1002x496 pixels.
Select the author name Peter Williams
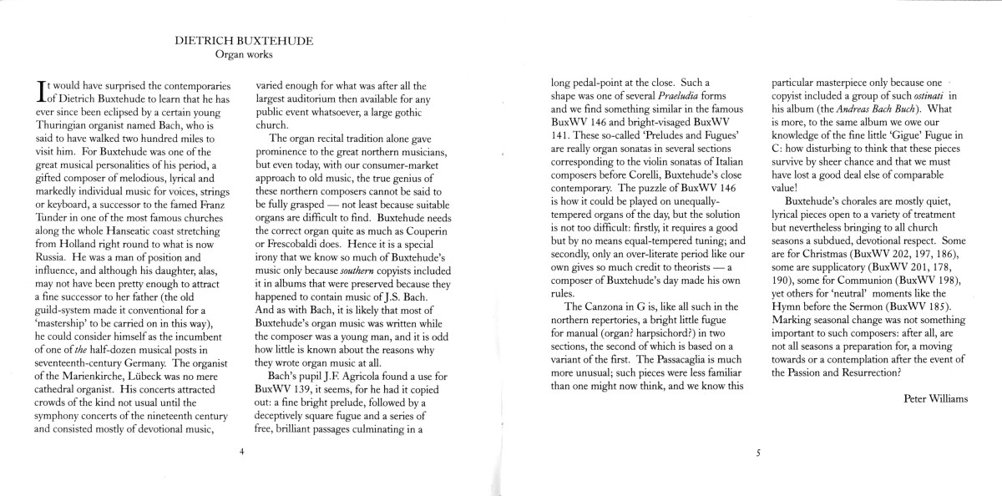(935, 398)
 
